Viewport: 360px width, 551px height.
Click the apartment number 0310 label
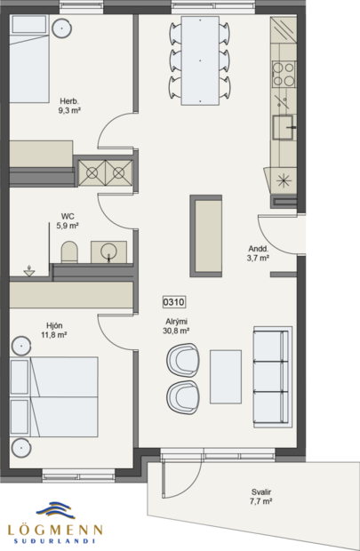175,303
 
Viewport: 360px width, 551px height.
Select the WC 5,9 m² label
68,221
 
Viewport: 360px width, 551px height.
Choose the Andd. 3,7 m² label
258,254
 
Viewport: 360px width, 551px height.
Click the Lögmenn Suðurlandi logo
55,523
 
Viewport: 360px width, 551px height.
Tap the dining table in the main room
200,60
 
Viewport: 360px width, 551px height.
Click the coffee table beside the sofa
225,376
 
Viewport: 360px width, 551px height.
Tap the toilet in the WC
70,252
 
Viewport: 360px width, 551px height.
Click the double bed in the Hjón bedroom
53,400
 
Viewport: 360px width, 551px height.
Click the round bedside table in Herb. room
61,29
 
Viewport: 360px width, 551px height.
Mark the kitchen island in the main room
206,236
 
